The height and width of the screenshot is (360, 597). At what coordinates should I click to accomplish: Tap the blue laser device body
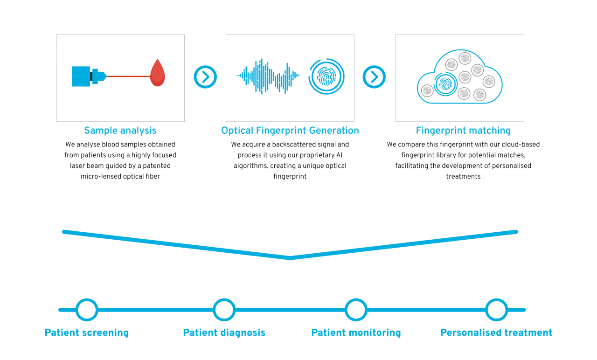pyautogui.click(x=81, y=76)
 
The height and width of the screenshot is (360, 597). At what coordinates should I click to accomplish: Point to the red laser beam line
pyautogui.click(x=128, y=76)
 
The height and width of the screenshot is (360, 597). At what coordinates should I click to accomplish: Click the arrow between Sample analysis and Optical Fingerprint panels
pyautogui.click(x=205, y=77)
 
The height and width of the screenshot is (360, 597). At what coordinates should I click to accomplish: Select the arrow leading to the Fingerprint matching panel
pyautogui.click(x=374, y=77)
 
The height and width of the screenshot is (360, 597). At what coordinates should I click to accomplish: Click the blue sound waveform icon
pyautogui.click(x=268, y=76)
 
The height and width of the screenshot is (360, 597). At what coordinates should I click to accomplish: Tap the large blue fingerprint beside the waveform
pyautogui.click(x=326, y=76)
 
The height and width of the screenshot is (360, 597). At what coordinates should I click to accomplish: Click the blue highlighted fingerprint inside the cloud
pyautogui.click(x=445, y=84)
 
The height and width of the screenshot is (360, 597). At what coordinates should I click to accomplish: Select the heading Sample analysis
pyautogui.click(x=120, y=131)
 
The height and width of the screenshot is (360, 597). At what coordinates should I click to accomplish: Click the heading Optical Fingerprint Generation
pyautogui.click(x=290, y=131)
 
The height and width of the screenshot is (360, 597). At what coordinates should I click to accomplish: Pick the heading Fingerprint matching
pyautogui.click(x=463, y=131)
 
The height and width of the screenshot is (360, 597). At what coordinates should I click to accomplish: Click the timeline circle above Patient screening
pyautogui.click(x=87, y=310)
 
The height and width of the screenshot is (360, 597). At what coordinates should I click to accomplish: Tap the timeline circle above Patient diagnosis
pyautogui.click(x=224, y=310)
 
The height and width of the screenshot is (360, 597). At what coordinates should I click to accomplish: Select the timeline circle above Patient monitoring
pyautogui.click(x=356, y=310)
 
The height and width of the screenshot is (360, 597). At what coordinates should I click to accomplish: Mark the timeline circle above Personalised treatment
pyautogui.click(x=497, y=310)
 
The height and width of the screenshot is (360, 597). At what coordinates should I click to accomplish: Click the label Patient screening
pyautogui.click(x=87, y=333)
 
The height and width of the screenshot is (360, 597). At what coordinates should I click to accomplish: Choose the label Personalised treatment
pyautogui.click(x=496, y=332)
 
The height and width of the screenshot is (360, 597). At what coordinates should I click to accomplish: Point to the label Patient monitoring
pyautogui.click(x=356, y=333)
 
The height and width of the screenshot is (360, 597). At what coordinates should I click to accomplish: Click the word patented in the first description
pyautogui.click(x=157, y=166)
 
